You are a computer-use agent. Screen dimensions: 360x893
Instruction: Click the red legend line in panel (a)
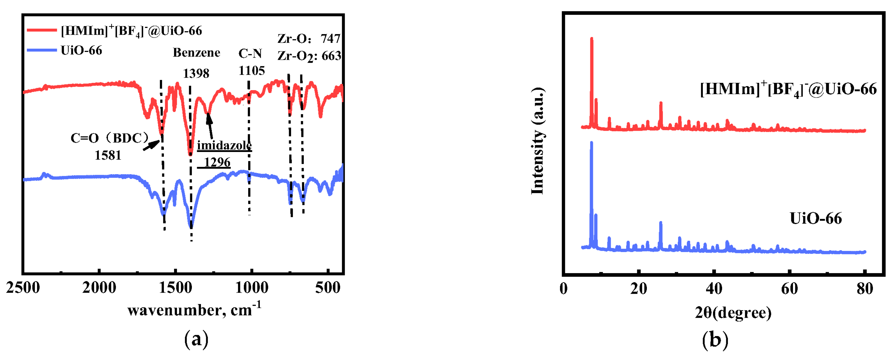click(x=42, y=30)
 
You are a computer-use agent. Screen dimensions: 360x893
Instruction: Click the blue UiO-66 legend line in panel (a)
click(x=42, y=50)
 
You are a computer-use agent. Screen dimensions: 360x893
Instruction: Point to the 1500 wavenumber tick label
click(x=175, y=288)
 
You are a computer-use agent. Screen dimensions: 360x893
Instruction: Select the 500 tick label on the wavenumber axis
click(x=328, y=288)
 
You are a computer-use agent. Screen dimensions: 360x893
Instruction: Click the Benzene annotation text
click(x=196, y=53)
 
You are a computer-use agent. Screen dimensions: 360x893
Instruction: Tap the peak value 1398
click(x=196, y=74)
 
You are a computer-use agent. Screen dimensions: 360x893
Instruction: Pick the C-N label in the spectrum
click(x=250, y=53)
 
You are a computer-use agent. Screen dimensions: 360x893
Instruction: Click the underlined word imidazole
click(x=224, y=145)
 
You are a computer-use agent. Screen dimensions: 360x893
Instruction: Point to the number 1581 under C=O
click(x=108, y=155)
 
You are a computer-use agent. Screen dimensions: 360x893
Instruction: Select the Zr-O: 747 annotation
click(x=309, y=39)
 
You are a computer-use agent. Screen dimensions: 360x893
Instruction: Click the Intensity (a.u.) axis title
click(x=537, y=141)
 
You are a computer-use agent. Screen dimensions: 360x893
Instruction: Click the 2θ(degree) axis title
click(x=733, y=312)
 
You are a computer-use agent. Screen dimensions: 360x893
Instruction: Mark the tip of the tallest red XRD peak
click(x=591, y=38)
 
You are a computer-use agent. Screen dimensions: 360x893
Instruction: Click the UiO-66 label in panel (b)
click(x=815, y=219)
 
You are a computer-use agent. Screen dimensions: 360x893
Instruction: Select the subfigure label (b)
click(x=715, y=340)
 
